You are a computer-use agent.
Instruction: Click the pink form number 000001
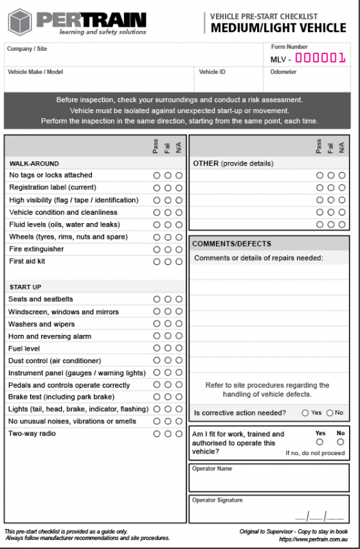[x=320, y=58]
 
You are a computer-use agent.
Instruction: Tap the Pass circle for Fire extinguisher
[x=157, y=249]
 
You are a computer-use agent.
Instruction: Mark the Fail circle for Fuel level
[x=168, y=349]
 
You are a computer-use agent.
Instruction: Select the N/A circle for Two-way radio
[x=179, y=434]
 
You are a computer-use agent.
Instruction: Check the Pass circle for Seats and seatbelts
[x=157, y=299]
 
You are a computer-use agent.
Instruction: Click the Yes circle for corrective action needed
[x=305, y=413]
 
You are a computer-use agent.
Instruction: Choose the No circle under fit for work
[x=341, y=442]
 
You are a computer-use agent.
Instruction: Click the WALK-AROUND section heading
[x=34, y=164]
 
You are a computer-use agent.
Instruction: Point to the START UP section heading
[x=25, y=287]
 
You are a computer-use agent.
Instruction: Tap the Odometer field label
[x=283, y=71]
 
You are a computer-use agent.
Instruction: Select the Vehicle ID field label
[x=212, y=71]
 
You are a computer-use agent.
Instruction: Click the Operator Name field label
[x=212, y=469]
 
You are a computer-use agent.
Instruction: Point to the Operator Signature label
[x=217, y=500]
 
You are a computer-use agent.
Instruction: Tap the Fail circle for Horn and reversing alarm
[x=168, y=336]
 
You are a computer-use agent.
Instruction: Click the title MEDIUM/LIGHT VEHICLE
[x=278, y=28]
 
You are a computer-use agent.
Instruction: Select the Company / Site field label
[x=27, y=49]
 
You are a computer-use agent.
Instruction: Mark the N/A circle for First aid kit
[x=179, y=261]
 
